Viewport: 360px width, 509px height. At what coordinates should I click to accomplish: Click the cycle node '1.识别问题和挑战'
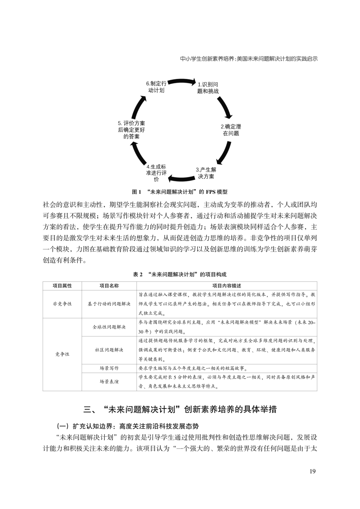(x=208, y=88)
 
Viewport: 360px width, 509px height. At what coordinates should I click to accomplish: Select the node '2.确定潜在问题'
(x=231, y=130)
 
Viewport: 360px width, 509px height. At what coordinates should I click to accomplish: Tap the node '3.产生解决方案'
(x=206, y=173)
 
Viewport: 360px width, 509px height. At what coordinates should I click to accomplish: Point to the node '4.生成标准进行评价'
(x=156, y=173)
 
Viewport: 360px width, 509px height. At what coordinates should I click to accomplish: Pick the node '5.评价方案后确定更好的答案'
(x=131, y=130)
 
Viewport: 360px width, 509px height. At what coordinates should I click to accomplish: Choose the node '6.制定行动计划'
(x=156, y=87)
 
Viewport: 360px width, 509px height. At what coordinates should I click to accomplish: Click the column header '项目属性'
(x=62, y=286)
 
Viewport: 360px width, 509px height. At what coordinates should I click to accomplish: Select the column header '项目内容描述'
(x=227, y=286)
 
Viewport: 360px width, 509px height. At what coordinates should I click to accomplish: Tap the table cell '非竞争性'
(x=62, y=304)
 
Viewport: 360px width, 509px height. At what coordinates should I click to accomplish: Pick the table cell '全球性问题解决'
(x=109, y=327)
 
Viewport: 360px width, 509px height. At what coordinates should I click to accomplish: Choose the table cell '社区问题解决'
(x=109, y=350)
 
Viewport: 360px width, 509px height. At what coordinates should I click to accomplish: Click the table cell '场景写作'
(x=109, y=368)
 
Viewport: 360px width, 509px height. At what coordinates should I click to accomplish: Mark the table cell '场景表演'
(x=109, y=382)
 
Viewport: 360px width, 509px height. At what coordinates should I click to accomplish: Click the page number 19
(x=312, y=471)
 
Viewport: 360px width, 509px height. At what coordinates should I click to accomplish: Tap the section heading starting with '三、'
(x=180, y=409)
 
